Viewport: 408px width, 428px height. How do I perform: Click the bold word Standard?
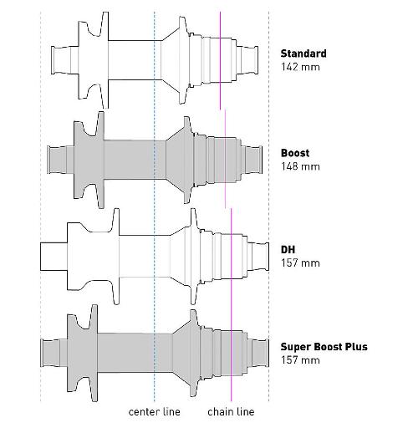point(303,53)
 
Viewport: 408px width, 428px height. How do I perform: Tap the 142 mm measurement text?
point(300,67)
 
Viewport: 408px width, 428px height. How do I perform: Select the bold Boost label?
point(295,153)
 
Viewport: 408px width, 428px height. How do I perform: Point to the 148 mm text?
point(300,166)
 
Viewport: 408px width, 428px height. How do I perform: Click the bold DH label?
point(288,249)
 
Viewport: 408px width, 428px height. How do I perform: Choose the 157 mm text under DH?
point(300,263)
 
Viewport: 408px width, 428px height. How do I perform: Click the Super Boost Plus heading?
point(324,347)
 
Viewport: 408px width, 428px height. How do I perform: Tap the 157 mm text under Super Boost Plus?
point(300,360)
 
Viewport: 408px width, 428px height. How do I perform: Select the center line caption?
point(155,412)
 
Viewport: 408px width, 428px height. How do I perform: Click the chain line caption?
point(231,412)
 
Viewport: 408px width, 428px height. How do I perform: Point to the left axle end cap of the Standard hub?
point(60,60)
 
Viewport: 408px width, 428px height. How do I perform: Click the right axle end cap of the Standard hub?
point(247,60)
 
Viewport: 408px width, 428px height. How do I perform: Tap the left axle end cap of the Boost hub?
point(57,160)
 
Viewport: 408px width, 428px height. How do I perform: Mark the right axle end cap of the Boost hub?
point(252,160)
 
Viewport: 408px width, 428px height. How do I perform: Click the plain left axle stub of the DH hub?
point(54,257)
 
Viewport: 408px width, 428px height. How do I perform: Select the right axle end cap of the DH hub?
point(258,257)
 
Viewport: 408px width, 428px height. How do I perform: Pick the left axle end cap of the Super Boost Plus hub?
point(50,353)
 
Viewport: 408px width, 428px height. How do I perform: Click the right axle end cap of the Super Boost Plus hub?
point(258,353)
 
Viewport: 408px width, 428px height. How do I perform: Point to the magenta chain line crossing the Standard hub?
point(220,60)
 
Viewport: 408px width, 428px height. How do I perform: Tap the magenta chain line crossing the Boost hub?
point(225,159)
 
